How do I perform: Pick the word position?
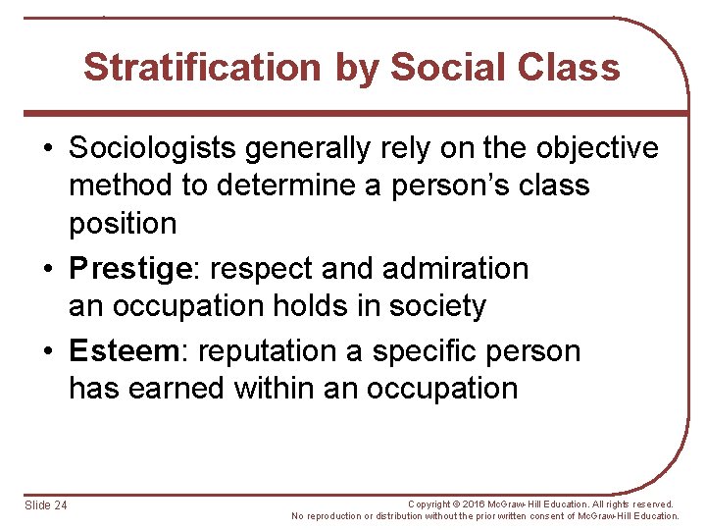point(123,223)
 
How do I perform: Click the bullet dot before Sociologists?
point(48,149)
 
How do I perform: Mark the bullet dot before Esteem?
point(48,351)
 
